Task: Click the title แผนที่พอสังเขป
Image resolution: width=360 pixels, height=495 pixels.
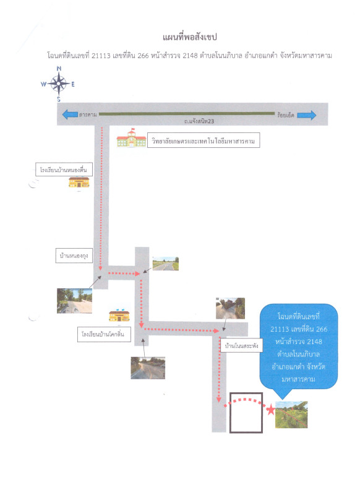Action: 190,37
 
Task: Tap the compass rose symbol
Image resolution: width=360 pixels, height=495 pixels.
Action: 58,84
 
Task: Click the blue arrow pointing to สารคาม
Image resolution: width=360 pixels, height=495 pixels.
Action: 70,114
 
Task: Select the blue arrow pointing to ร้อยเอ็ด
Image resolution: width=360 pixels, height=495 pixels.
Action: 306,115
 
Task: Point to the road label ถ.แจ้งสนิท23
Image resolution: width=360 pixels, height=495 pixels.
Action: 199,121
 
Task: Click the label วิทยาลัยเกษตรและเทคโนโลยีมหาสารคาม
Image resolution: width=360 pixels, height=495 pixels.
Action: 204,140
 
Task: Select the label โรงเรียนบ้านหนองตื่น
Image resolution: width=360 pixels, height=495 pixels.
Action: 64,170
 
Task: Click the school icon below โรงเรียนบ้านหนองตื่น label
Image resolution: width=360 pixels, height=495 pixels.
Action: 79,182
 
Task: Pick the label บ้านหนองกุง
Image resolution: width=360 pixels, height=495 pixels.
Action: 74,256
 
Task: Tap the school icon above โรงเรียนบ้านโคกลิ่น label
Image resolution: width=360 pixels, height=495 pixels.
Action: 119,316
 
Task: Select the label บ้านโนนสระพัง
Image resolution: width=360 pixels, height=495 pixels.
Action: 241,346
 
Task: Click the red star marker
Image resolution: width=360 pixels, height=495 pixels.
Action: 271,410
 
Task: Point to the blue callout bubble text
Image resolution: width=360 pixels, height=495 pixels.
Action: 298,348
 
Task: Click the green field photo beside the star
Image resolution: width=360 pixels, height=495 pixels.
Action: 291,415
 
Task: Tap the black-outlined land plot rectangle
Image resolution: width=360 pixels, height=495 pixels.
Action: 229,413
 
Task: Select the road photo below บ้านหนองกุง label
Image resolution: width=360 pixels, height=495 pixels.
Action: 74,301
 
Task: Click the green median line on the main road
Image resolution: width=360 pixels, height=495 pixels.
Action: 186,114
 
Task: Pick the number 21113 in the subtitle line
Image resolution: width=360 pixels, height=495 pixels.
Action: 101,56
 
